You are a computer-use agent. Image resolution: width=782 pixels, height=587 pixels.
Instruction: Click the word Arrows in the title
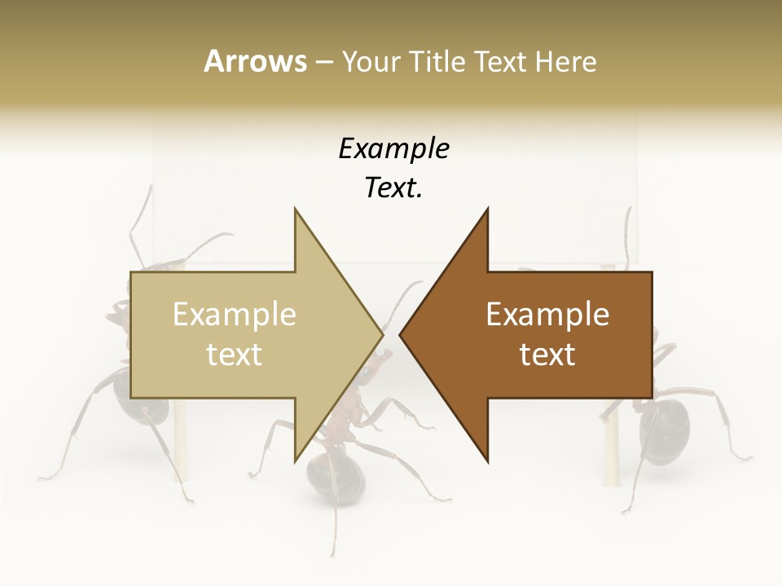tap(256, 61)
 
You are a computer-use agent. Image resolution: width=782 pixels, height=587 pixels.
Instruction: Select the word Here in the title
tap(565, 62)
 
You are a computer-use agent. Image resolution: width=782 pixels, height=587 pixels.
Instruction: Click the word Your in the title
tap(371, 62)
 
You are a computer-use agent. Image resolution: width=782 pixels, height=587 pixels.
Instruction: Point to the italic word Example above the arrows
tap(393, 149)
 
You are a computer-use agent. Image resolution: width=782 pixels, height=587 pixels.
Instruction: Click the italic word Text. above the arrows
tap(393, 188)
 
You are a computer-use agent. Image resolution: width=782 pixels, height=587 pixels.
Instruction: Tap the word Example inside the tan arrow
tap(235, 315)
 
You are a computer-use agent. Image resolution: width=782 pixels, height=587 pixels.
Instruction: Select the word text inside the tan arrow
tap(235, 355)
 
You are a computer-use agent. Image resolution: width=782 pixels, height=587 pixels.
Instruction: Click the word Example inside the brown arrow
tap(547, 315)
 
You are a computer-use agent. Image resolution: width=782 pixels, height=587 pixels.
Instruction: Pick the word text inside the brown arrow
tap(547, 355)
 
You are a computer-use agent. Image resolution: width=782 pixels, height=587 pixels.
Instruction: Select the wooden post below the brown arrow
tap(609, 444)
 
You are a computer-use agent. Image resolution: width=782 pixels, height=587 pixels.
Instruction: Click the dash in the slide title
tap(323, 63)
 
